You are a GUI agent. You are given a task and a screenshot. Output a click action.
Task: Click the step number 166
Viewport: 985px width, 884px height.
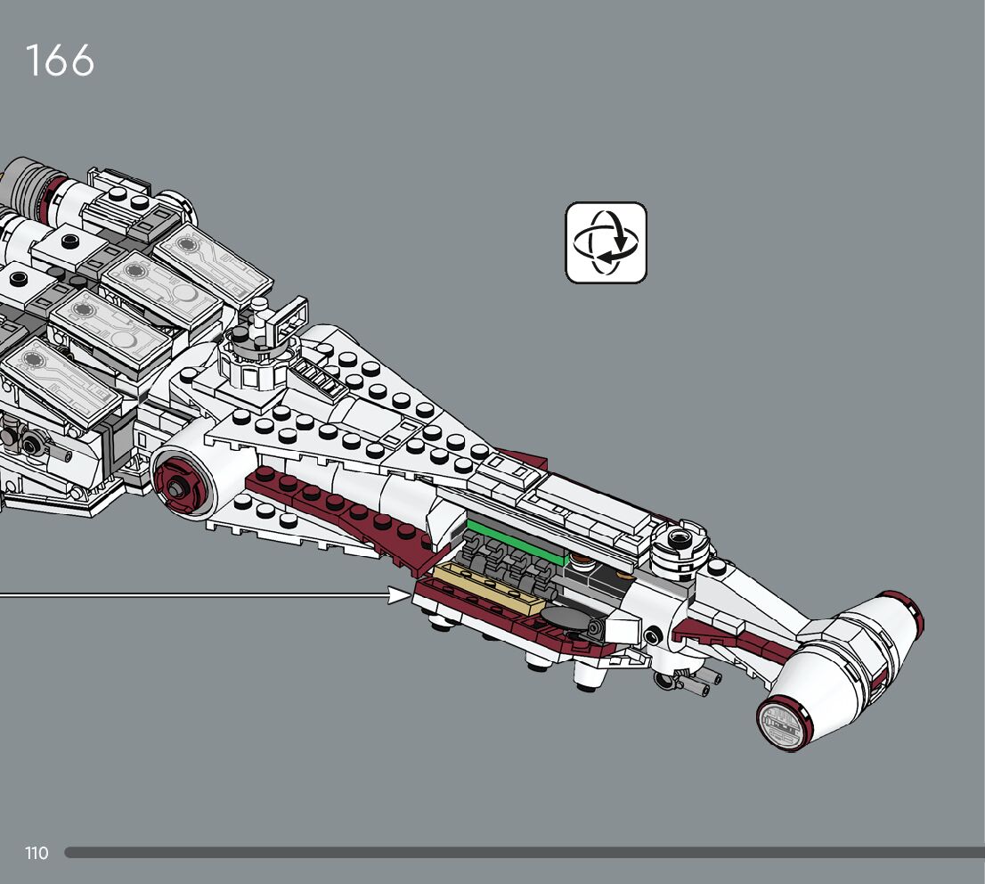point(60,61)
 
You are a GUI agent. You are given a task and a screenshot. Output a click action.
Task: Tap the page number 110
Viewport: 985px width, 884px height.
point(37,854)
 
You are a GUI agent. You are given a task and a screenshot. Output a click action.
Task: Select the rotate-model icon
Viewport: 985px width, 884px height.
point(606,242)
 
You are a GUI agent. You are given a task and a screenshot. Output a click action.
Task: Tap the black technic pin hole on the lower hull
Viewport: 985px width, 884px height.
point(655,636)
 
